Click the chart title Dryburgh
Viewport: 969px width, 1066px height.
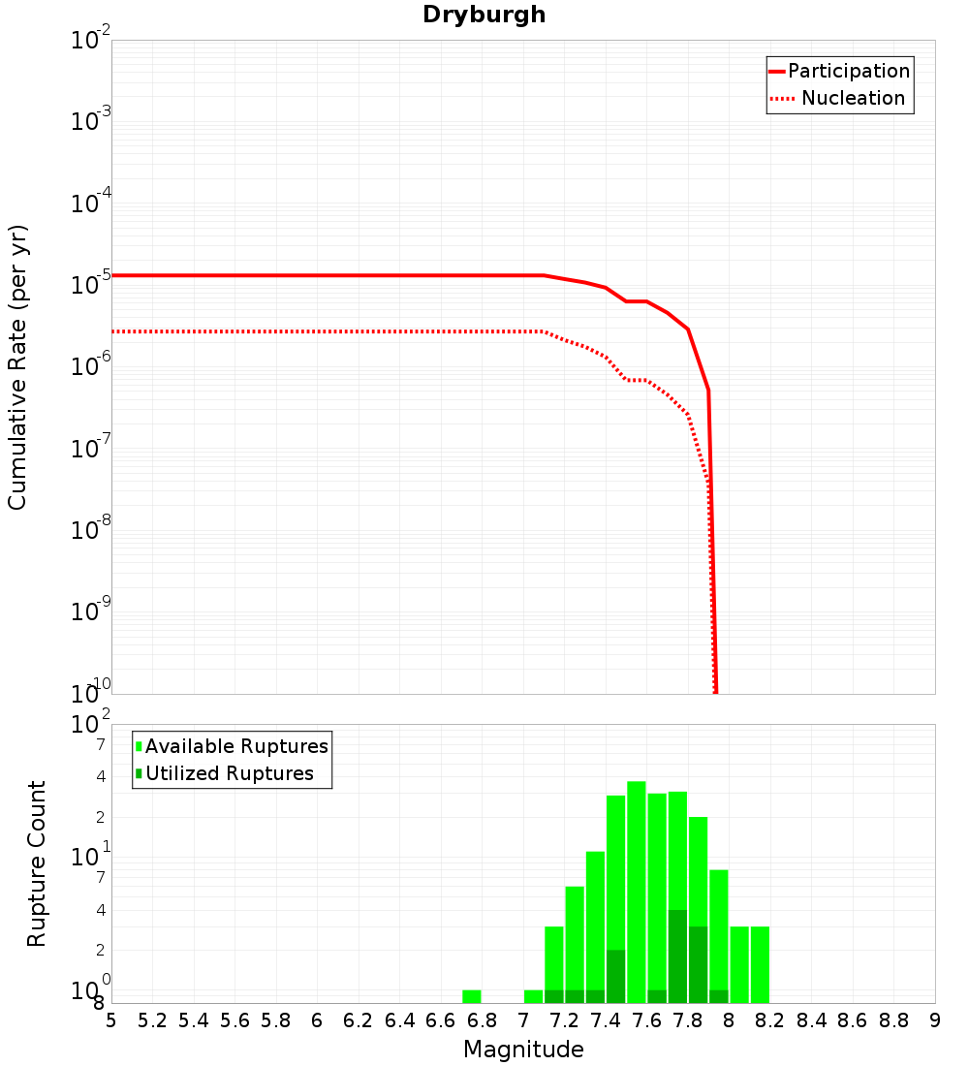click(484, 16)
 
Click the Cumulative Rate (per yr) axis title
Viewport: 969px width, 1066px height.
click(17, 367)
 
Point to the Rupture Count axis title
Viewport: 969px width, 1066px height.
click(37, 863)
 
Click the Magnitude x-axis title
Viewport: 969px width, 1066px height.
click(523, 1050)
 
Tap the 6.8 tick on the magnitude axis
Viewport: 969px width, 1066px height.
click(482, 1020)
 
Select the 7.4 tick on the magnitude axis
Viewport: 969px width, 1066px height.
click(606, 1020)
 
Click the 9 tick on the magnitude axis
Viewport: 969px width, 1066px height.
click(935, 1020)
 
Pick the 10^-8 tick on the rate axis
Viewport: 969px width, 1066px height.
click(92, 529)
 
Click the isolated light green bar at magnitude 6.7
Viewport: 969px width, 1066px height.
click(472, 996)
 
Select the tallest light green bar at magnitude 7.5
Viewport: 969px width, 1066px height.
click(637, 892)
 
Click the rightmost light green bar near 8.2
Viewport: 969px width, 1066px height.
click(760, 964)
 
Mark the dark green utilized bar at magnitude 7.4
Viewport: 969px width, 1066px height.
click(616, 977)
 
